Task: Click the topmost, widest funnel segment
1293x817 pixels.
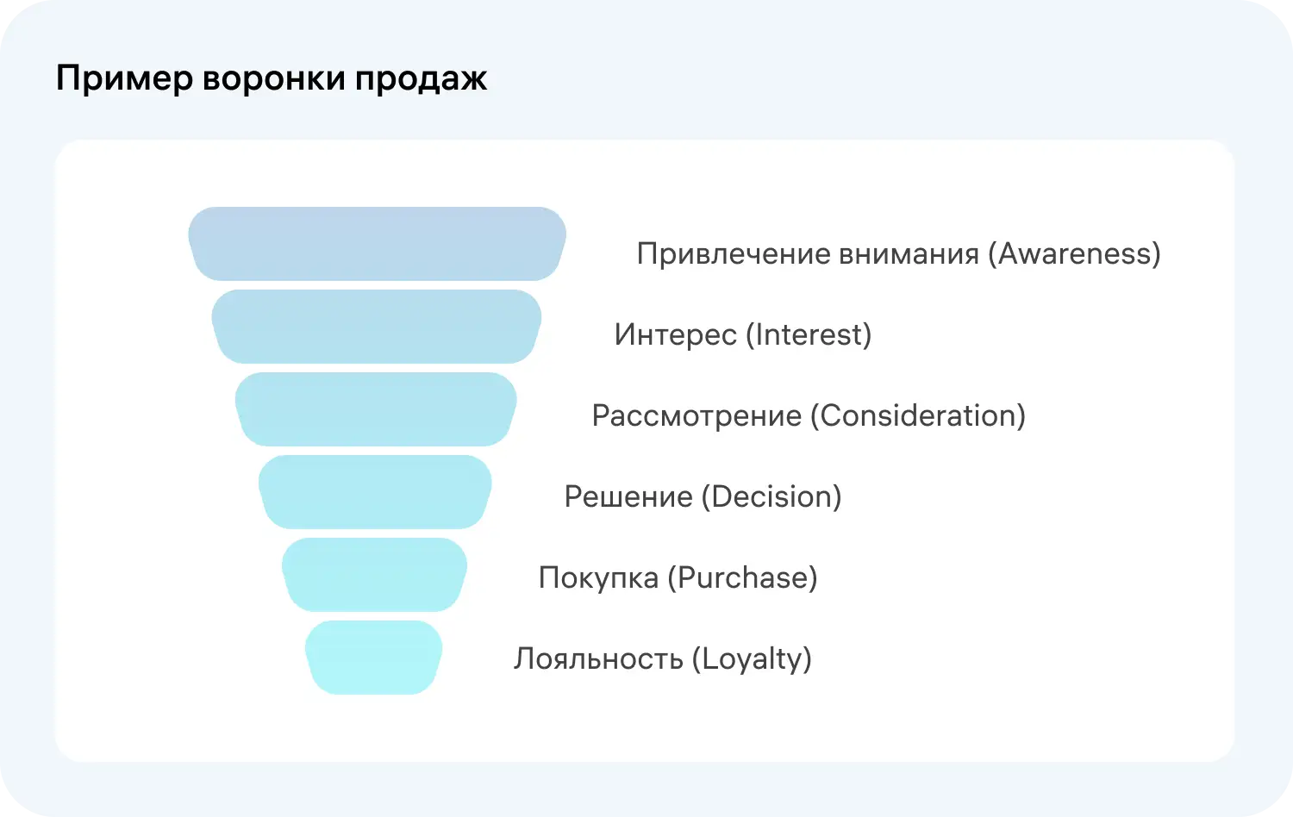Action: click(x=377, y=244)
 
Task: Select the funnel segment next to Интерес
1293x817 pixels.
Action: click(x=377, y=327)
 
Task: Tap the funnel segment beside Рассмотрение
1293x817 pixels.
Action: click(x=376, y=409)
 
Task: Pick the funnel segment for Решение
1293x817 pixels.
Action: click(x=375, y=492)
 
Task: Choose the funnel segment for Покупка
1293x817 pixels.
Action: click(x=374, y=575)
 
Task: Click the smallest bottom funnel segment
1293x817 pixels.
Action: click(x=373, y=658)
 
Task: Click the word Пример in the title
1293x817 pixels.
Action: click(x=124, y=79)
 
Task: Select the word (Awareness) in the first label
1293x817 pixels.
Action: click(x=1074, y=254)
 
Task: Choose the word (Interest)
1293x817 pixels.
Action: click(x=808, y=335)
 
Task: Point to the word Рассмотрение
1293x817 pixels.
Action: click(x=696, y=416)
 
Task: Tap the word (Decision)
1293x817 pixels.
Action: click(x=771, y=497)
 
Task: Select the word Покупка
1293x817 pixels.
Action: click(x=598, y=578)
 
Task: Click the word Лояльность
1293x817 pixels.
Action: click(x=598, y=659)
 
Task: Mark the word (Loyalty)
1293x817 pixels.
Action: click(x=752, y=659)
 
